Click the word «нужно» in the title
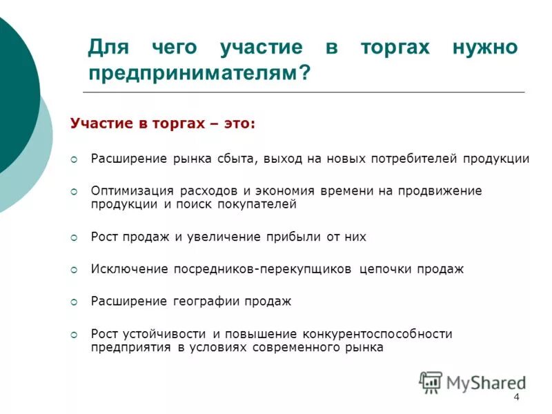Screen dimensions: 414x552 point(486,49)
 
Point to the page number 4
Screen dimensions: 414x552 point(515,397)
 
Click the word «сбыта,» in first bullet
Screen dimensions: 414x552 point(235,159)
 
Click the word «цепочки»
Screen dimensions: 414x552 point(385,269)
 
